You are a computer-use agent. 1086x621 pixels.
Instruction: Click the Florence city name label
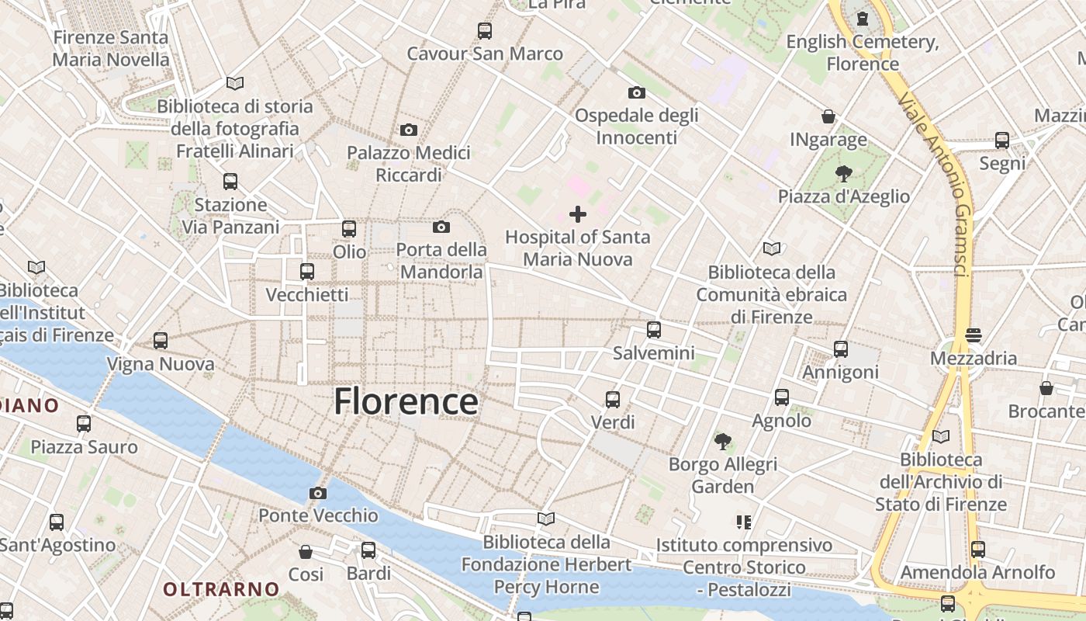point(406,401)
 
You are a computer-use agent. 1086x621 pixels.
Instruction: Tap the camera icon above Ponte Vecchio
point(317,493)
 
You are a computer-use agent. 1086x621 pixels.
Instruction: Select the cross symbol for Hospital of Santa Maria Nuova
point(578,213)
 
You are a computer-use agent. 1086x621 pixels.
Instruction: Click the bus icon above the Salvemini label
point(654,330)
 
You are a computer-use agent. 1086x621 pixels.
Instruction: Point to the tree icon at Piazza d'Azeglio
point(843,173)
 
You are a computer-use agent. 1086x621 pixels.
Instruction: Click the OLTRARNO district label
point(220,589)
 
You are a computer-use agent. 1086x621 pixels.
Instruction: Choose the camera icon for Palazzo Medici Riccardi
point(409,130)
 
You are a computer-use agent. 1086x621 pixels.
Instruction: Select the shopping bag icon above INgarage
point(828,116)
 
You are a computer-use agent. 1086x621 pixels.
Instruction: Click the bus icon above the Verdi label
point(613,400)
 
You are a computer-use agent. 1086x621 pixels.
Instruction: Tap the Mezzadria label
point(974,358)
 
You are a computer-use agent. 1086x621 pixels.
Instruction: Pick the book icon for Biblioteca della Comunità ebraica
point(771,249)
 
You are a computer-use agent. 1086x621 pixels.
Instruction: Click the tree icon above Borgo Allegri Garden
point(723,442)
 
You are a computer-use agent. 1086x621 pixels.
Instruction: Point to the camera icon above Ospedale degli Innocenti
point(636,92)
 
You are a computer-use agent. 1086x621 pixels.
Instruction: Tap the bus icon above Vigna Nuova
point(161,341)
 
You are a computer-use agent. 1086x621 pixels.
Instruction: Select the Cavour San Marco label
point(485,54)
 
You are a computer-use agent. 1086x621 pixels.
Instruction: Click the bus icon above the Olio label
point(349,229)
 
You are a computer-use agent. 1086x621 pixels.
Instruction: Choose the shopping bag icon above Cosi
point(306,552)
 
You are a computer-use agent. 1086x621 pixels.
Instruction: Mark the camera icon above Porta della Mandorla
point(441,227)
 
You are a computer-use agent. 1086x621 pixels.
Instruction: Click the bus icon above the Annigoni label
point(841,349)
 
